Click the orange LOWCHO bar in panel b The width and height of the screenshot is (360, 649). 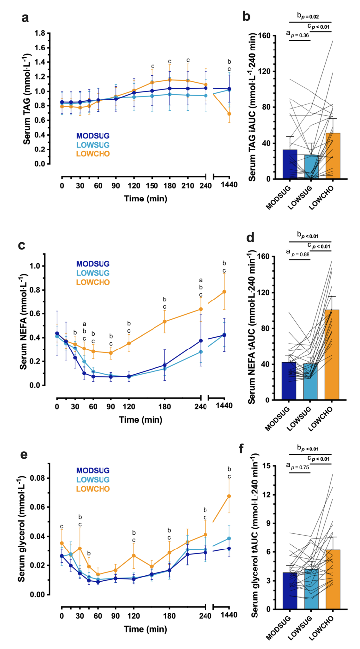pyautogui.click(x=333, y=156)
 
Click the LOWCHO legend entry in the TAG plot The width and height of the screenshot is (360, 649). pyautogui.click(x=93, y=154)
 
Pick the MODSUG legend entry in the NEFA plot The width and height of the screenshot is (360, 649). pyautogui.click(x=93, y=264)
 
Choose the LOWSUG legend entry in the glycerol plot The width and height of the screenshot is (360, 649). pyautogui.click(x=93, y=480)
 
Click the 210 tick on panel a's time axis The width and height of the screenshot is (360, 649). pyautogui.click(x=188, y=186)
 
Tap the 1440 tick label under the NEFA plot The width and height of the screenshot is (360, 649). pyautogui.click(x=224, y=406)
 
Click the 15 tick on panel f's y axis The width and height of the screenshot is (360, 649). pyautogui.click(x=266, y=466)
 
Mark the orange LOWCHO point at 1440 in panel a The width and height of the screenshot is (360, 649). pyautogui.click(x=229, y=114)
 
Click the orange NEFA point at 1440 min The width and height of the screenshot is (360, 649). pyautogui.click(x=224, y=292)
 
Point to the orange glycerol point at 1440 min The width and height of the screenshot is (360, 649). pyautogui.click(x=229, y=496)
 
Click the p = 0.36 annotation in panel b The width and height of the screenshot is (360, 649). pyautogui.click(x=300, y=35)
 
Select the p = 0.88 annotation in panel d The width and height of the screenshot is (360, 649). pyautogui.click(x=300, y=254)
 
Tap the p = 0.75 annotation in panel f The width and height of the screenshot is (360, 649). pyautogui.click(x=300, y=468)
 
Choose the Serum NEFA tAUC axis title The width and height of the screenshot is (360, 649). pyautogui.click(x=251, y=328)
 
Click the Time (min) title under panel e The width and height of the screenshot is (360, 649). pyautogui.click(x=146, y=629)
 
